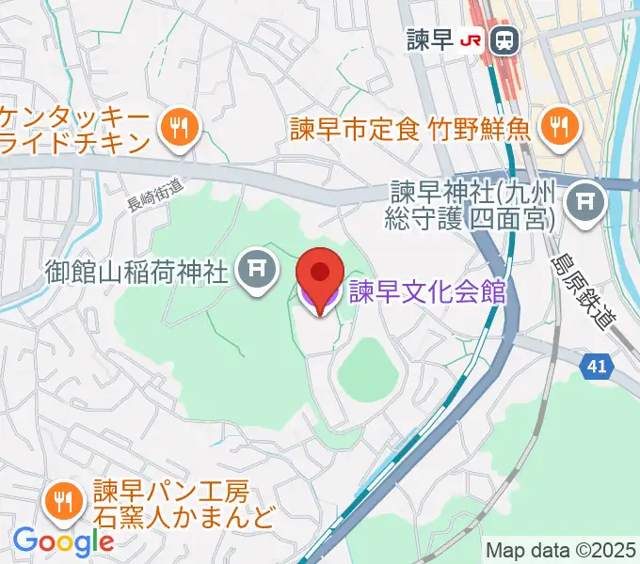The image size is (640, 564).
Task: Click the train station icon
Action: coord(505,39)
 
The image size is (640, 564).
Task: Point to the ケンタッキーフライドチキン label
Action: coord(75,130)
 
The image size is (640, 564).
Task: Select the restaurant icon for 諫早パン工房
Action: coord(65,502)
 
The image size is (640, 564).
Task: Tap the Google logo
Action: coord(62,540)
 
